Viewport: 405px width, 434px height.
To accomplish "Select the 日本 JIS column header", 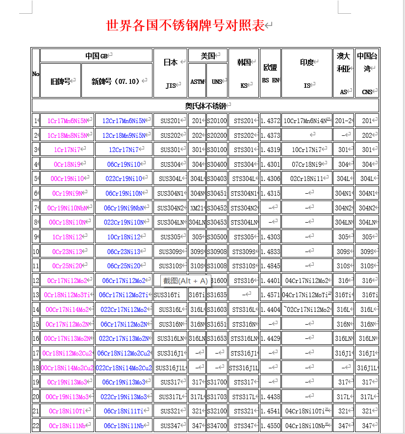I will tap(170, 73).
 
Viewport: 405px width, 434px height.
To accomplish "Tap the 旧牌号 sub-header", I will tap(60, 81).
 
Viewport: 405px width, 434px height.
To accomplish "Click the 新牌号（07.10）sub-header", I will tap(116, 81).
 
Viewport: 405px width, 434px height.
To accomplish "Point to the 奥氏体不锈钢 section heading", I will tap(205, 105).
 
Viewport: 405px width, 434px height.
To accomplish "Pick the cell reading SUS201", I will tap(170, 121).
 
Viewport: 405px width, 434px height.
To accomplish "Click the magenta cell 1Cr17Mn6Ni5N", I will tap(67, 121).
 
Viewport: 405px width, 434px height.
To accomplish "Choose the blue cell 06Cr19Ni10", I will tap(124, 164).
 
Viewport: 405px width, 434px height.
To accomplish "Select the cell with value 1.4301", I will tap(270, 164).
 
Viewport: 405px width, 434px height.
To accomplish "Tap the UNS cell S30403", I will tap(217, 179).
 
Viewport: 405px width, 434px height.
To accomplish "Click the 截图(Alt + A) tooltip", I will tap(186, 281).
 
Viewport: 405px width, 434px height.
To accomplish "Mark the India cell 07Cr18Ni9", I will tap(307, 164).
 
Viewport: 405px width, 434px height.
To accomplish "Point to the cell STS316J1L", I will tap(244, 368).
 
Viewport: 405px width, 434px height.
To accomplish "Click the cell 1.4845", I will tap(270, 266).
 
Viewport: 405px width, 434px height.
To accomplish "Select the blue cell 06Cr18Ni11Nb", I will tap(124, 426).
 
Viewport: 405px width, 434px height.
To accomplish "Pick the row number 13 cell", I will tap(36, 295).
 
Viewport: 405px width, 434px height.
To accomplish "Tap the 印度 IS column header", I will tap(307, 73).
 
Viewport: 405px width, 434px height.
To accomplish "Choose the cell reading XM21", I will tap(197, 208).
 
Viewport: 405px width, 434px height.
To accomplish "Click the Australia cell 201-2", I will tap(343, 121).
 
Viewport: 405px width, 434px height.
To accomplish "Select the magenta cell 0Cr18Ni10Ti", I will tap(67, 411).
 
